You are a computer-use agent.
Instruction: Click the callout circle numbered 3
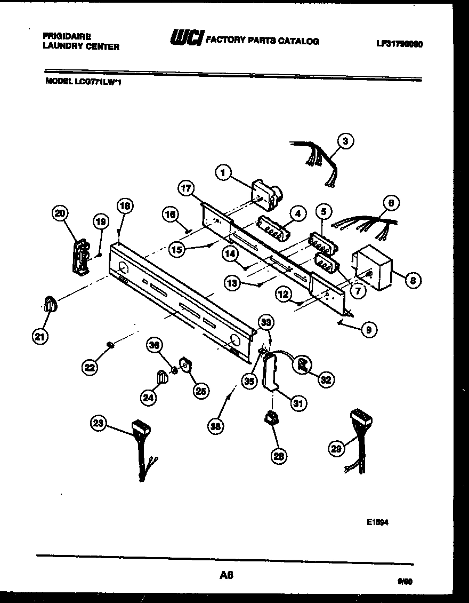coord(345,141)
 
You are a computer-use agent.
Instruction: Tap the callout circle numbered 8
coord(413,279)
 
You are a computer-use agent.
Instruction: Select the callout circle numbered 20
coord(60,213)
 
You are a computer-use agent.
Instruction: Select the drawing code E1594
coord(377,523)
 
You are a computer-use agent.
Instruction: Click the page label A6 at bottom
coord(226,575)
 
